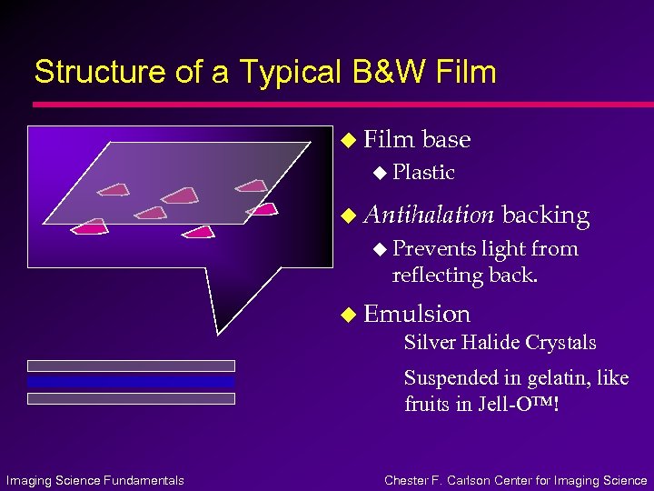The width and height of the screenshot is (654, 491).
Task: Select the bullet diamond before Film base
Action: pyautogui.click(x=345, y=140)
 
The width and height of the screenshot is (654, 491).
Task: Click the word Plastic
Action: pyautogui.click(x=423, y=172)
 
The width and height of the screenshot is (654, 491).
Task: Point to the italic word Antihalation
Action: pyautogui.click(x=429, y=215)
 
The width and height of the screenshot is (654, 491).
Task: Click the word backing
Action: pyautogui.click(x=546, y=215)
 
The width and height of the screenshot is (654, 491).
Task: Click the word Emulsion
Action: pyautogui.click(x=417, y=314)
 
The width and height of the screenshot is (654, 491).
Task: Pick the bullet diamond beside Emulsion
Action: pyautogui.click(x=345, y=315)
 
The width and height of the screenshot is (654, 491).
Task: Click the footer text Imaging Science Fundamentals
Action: pyautogui.click(x=94, y=480)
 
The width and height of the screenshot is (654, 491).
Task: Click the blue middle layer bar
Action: pyautogui.click(x=131, y=382)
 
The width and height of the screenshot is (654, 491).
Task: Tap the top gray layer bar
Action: pyautogui.click(x=131, y=366)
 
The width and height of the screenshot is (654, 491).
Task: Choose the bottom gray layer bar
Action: pyautogui.click(x=131, y=398)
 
